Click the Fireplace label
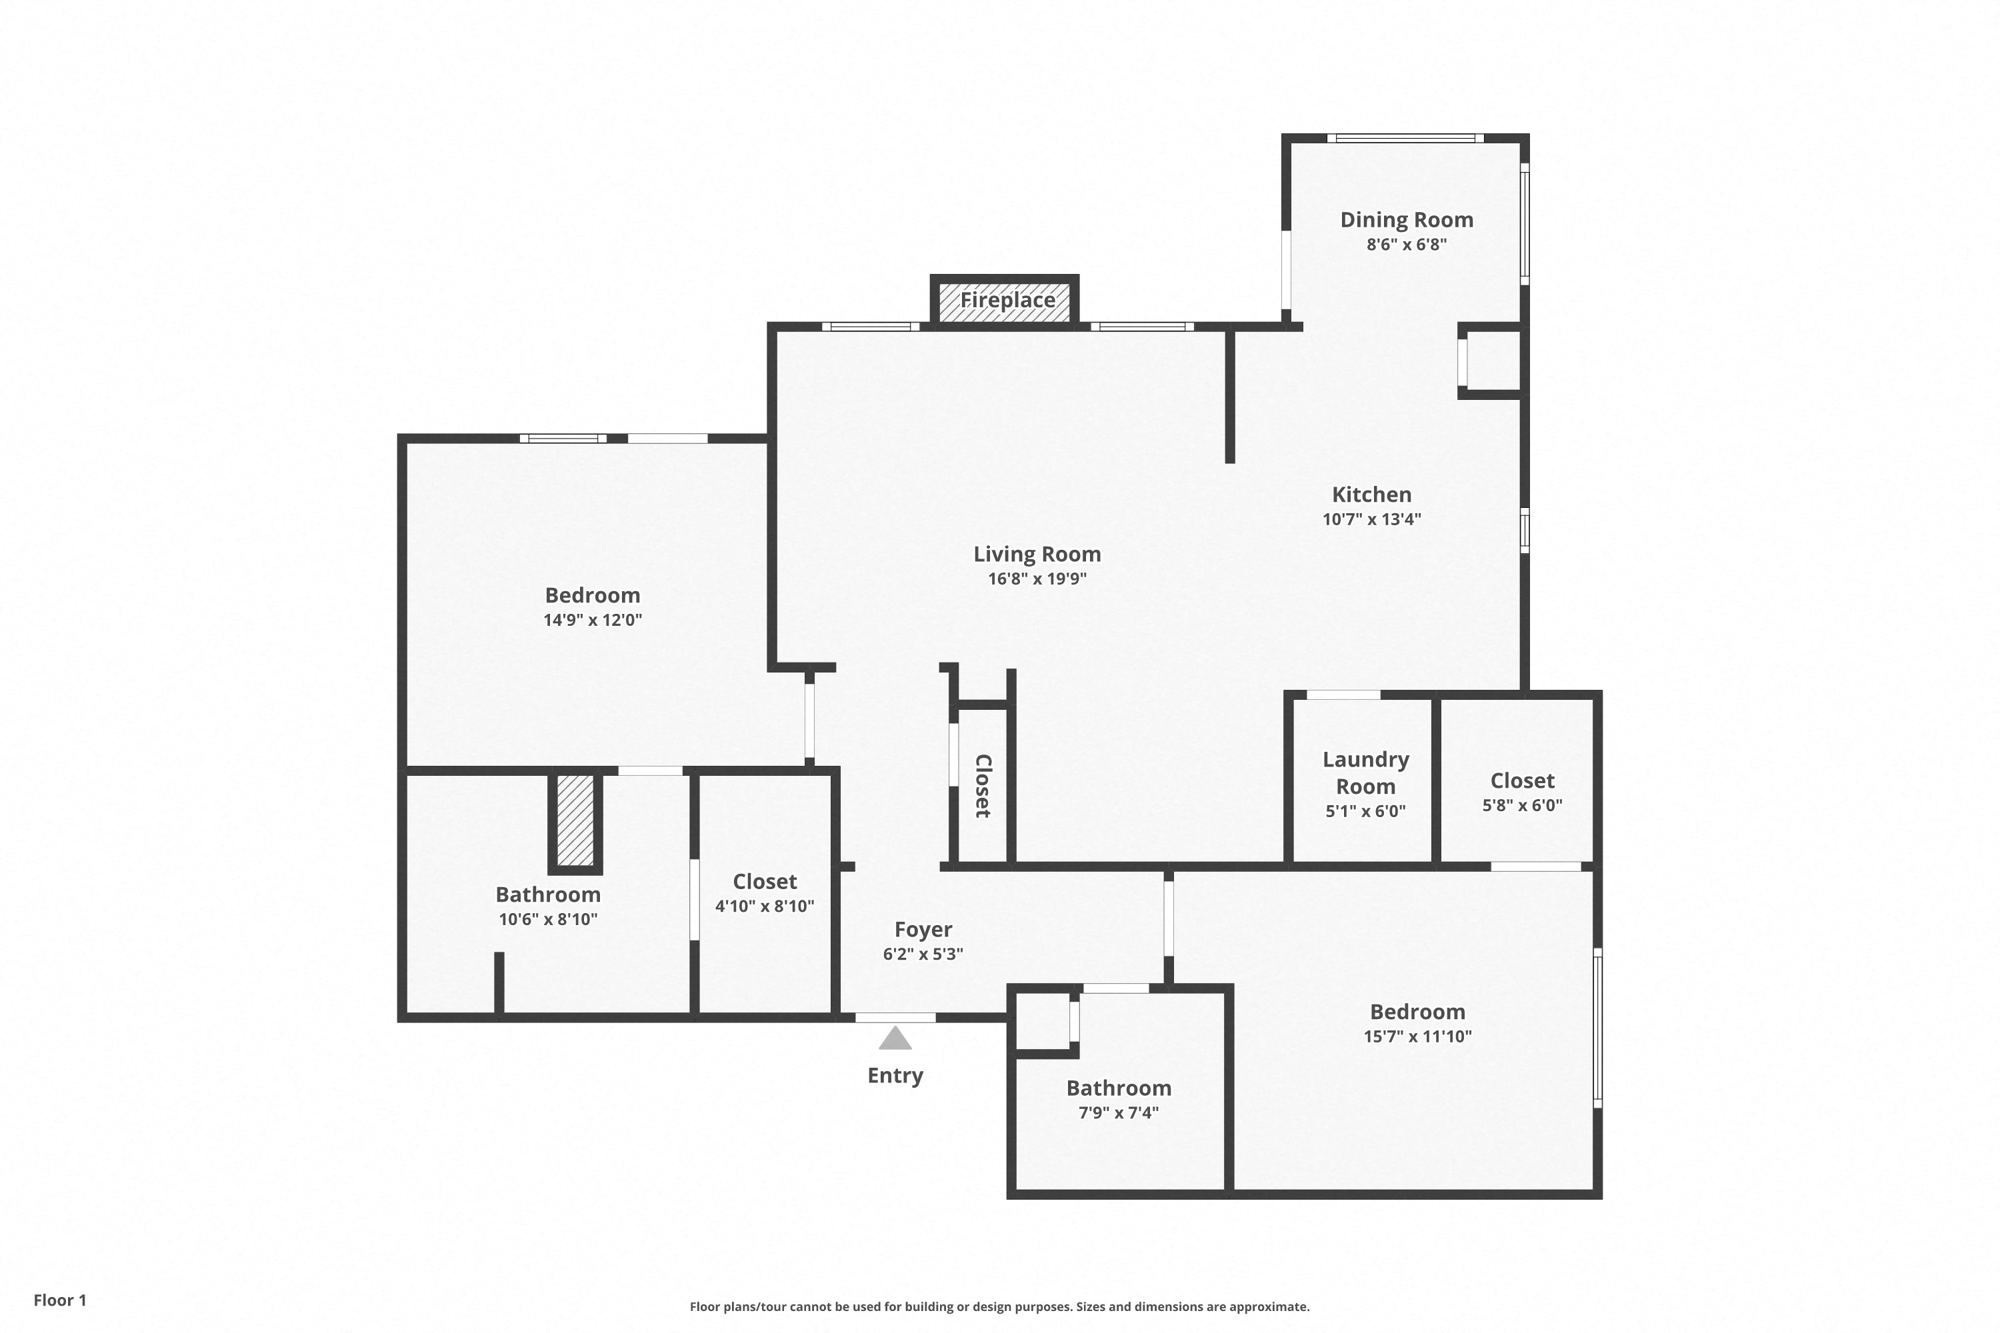pos(1007,300)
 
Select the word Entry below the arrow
pos(895,1076)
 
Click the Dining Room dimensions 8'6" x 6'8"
pos(1407,245)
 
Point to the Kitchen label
pos(1371,494)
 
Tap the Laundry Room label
pos(1365,772)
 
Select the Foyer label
pos(923,930)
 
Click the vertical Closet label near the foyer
pos(983,786)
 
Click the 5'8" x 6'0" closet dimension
pos(1522,805)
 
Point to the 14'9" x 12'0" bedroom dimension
pos(593,620)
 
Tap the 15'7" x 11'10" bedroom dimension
pos(1417,1036)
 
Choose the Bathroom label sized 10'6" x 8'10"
pos(549,894)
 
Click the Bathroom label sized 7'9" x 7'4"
pos(1119,1088)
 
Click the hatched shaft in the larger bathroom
pos(575,820)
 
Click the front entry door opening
pos(895,1018)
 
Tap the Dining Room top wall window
pos(1405,138)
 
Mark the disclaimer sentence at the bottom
pos(1000,1306)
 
